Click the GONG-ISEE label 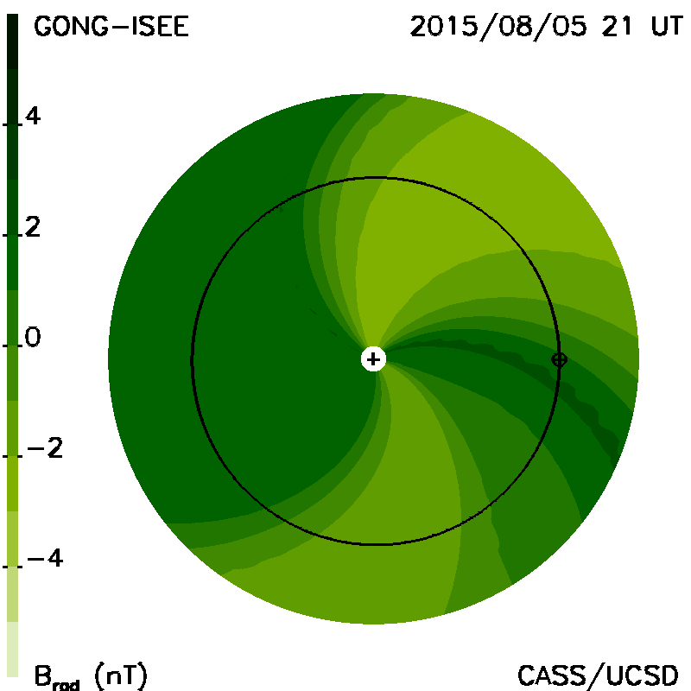tap(111, 27)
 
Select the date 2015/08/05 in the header tap(498, 27)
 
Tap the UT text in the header tap(667, 27)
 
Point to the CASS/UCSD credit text tap(598, 675)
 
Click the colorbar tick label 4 tap(33, 117)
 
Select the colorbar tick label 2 tap(33, 227)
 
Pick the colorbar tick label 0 tap(33, 338)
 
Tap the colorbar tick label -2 tap(45, 448)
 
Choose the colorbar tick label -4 tap(45, 559)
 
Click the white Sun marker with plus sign tap(373, 359)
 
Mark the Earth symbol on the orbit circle tap(559, 360)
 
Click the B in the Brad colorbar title tap(43, 675)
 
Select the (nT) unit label tap(121, 675)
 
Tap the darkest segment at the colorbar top tap(13, 41)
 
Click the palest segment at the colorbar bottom tap(13, 650)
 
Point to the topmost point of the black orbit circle tap(376, 178)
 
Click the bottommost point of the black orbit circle tap(376, 545)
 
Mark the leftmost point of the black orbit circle tap(192, 360)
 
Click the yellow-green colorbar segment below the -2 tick tap(13, 484)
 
